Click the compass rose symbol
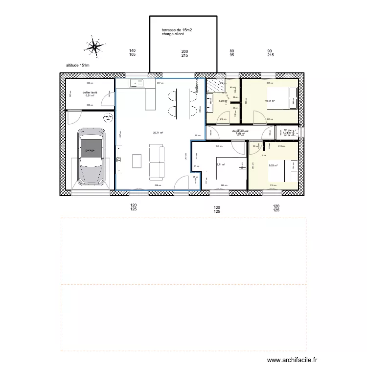click(93, 46)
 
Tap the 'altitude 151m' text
click(78, 65)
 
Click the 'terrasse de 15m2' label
click(180, 30)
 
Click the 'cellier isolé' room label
click(90, 92)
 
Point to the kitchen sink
click(136, 84)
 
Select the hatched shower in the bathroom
click(215, 86)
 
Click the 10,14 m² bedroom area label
click(270, 101)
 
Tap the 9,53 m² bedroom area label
click(273, 165)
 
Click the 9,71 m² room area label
click(220, 164)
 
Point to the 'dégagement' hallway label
click(240, 131)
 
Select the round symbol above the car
click(107, 118)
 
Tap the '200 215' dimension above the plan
click(184, 53)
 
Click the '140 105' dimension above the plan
click(132, 53)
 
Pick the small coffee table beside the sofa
click(137, 161)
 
